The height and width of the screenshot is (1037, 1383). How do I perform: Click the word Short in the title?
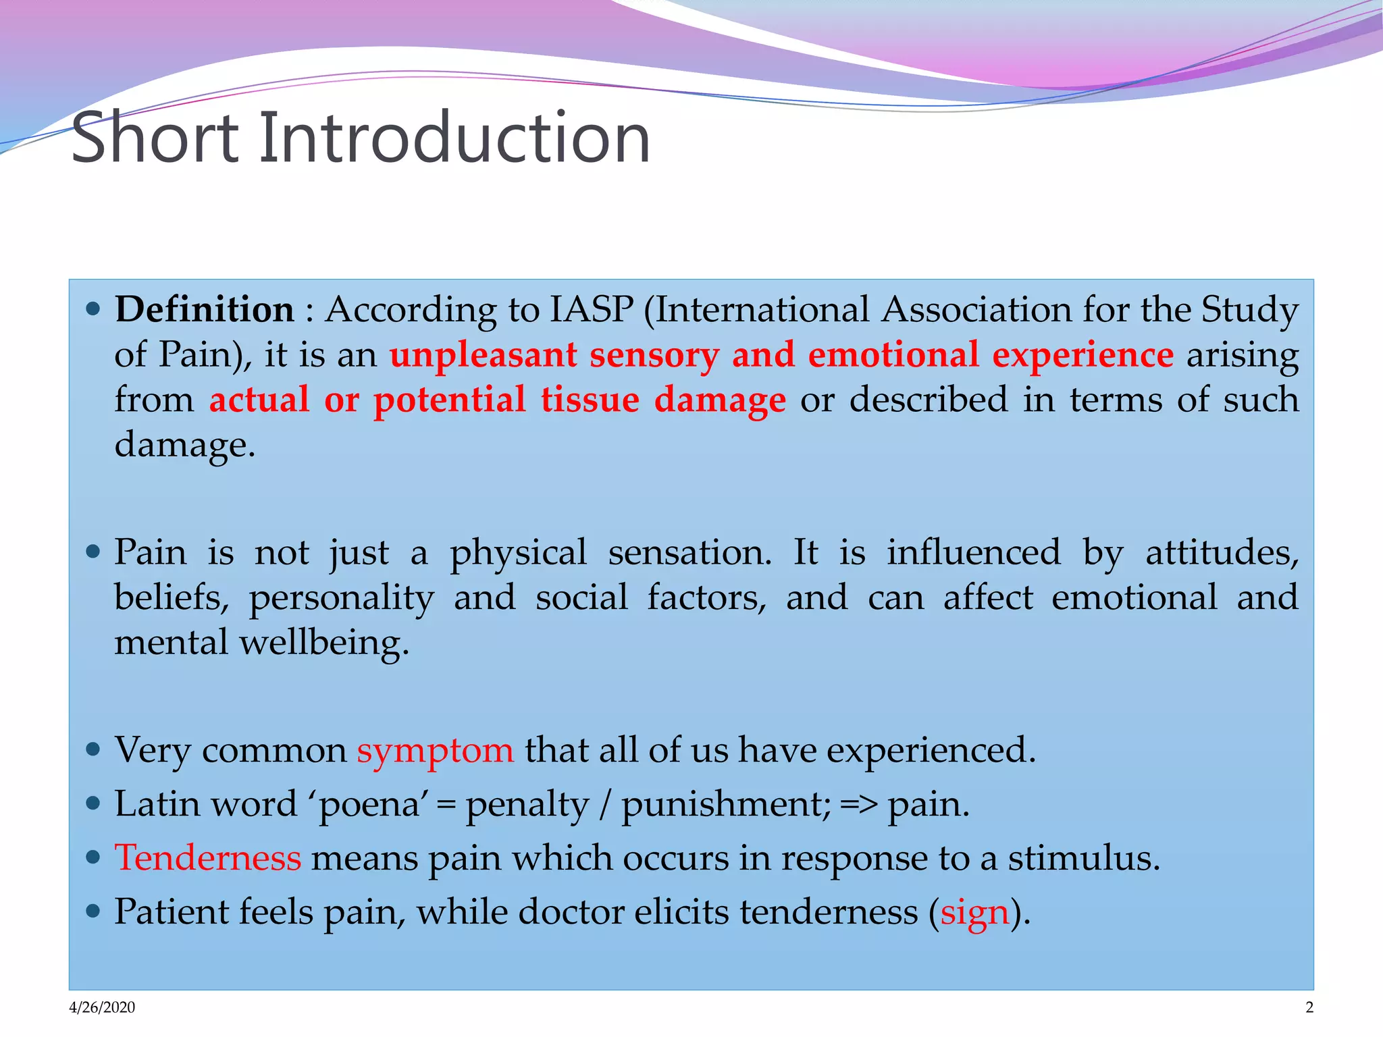(x=155, y=138)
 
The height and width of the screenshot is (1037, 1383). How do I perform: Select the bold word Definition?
(x=205, y=310)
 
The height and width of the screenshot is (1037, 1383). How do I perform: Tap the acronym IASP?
(x=592, y=310)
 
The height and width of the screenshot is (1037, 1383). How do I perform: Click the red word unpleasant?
(x=483, y=355)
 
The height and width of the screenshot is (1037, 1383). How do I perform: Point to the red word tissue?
(x=590, y=400)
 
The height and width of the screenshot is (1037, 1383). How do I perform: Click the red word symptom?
(x=435, y=751)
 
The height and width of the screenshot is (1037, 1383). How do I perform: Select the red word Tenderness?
(x=207, y=858)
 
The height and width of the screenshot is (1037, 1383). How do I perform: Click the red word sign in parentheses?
(x=974, y=913)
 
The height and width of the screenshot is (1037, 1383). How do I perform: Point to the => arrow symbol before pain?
(x=859, y=805)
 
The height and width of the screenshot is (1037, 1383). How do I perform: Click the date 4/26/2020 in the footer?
(x=102, y=1007)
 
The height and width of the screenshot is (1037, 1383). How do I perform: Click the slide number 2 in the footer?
(x=1309, y=1007)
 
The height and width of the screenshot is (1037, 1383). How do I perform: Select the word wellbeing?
(x=324, y=643)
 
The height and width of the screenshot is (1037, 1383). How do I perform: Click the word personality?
(x=341, y=598)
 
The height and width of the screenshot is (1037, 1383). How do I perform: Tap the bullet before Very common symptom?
(x=94, y=749)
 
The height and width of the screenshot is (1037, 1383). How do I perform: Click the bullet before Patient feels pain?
(x=94, y=911)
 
